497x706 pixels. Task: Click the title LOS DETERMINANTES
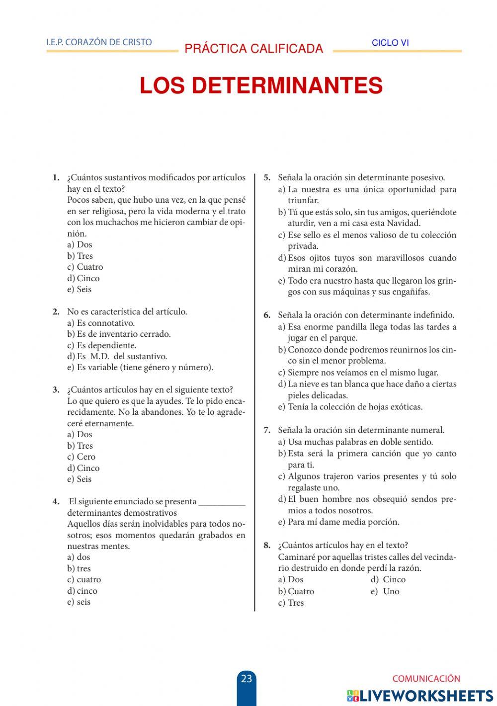coord(261,86)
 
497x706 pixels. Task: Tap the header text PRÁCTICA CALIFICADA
coord(253,49)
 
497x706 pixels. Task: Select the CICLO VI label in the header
coord(390,43)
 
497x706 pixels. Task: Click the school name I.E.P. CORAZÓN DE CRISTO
coord(99,42)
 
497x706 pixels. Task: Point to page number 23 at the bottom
coord(247,679)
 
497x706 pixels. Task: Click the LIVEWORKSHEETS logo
coord(420,696)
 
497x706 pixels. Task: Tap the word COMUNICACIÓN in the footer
coord(426,679)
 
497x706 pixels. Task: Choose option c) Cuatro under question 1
coord(85,267)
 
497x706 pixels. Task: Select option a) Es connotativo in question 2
coord(101,323)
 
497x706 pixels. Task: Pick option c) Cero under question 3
coord(81,457)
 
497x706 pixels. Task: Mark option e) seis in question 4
coord(79,602)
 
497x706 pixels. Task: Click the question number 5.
coord(267,178)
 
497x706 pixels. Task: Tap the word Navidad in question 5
coord(404,224)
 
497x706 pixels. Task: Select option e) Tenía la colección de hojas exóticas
coord(350,407)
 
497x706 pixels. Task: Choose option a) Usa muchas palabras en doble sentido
coord(355,442)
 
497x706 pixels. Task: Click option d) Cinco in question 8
coord(388,580)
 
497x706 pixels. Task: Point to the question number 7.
coord(267,430)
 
